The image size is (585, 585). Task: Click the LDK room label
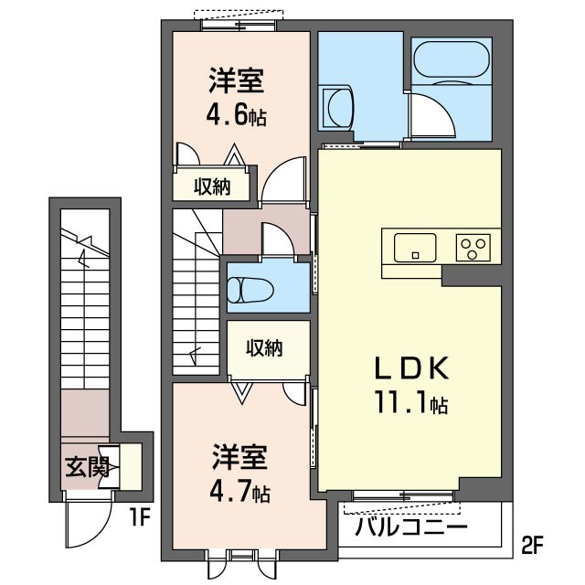click(410, 368)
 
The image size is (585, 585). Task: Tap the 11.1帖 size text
click(410, 402)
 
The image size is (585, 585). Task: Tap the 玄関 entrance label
click(87, 468)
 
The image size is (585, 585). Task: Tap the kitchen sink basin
click(415, 248)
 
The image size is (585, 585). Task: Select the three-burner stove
click(473, 248)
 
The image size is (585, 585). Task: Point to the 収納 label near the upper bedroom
click(211, 186)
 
